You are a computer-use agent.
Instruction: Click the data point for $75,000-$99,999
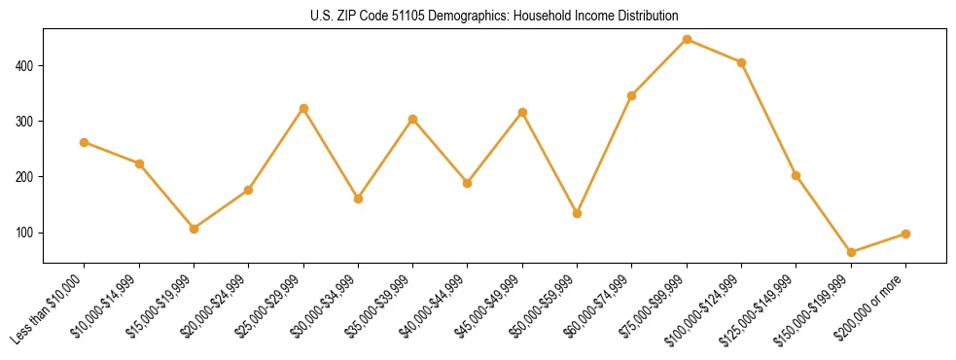687,40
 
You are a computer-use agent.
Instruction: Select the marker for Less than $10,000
84,142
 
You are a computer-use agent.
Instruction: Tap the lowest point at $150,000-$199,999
851,252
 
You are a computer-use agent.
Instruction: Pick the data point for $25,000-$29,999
303,108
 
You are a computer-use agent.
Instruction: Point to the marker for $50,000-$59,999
577,213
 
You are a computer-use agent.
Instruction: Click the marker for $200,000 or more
905,234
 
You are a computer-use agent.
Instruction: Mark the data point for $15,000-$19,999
194,229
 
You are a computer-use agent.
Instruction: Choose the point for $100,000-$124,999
741,62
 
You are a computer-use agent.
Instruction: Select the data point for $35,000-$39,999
412,119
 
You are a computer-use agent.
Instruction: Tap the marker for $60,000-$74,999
632,95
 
